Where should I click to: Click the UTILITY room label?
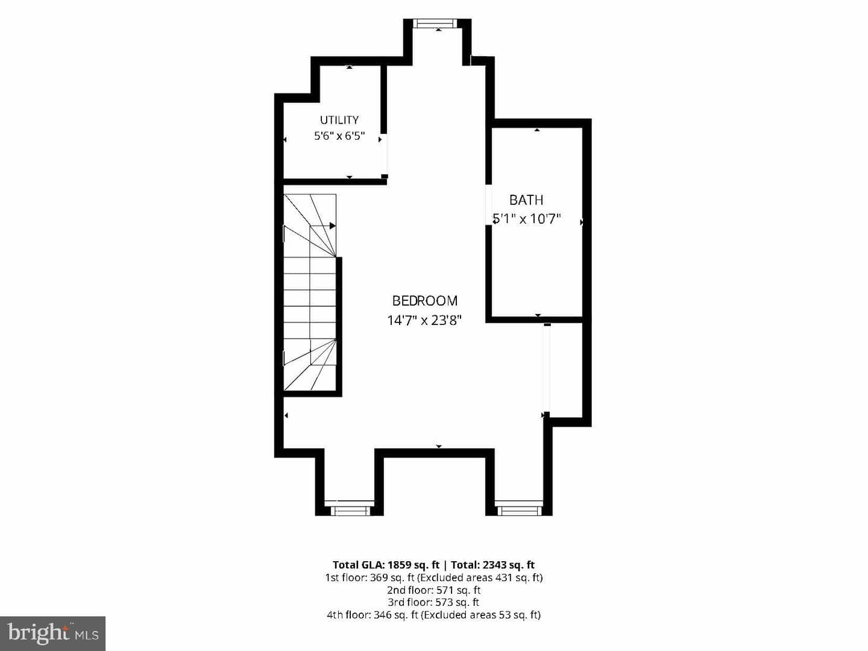click(339, 120)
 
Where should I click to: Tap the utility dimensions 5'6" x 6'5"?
click(339, 136)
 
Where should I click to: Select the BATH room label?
click(526, 200)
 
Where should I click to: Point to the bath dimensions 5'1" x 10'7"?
click(527, 219)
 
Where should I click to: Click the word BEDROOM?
click(425, 301)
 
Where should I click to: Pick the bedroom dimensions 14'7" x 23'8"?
click(425, 319)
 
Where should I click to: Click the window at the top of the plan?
click(435, 24)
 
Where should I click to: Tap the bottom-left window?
click(350, 511)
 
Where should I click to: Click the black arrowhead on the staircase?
click(333, 225)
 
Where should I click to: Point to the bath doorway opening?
click(488, 205)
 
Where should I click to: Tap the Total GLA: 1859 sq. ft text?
click(386, 564)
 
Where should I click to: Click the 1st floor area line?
click(434, 577)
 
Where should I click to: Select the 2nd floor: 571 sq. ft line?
click(434, 590)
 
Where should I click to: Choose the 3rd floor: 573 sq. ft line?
click(434, 602)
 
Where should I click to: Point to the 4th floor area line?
click(434, 615)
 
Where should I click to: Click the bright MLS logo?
click(52, 634)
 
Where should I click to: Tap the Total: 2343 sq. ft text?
click(492, 564)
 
